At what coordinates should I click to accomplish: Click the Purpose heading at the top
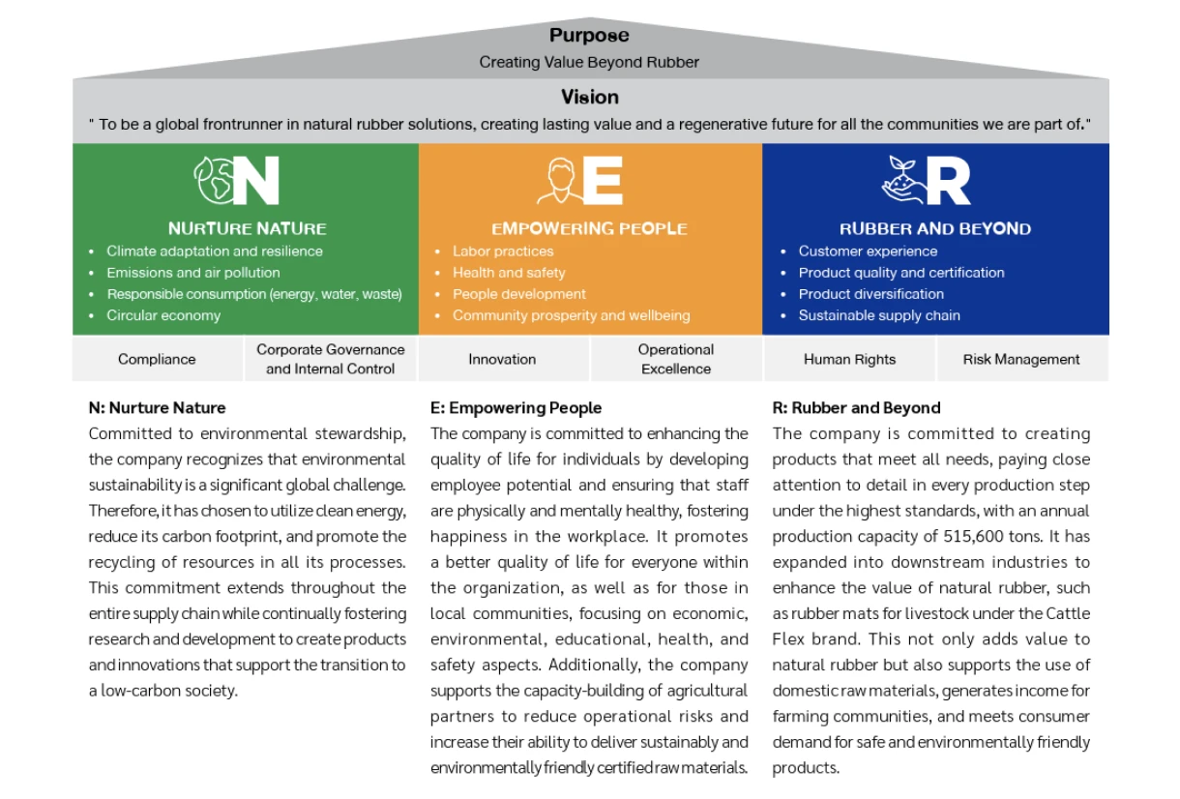click(x=589, y=36)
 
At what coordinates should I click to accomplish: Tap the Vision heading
click(x=589, y=97)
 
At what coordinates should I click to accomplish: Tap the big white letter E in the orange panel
click(x=602, y=181)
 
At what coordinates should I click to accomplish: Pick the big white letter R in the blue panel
click(x=948, y=181)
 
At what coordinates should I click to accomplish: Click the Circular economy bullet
click(x=163, y=315)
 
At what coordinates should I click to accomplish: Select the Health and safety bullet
click(x=509, y=273)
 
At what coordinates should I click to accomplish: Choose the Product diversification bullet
click(x=870, y=294)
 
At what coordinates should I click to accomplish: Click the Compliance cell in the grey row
click(x=157, y=359)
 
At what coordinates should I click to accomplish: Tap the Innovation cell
click(x=502, y=359)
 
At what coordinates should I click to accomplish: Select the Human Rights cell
click(x=849, y=359)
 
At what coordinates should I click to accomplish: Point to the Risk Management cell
click(x=1021, y=359)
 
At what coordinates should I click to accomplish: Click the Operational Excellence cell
click(x=676, y=359)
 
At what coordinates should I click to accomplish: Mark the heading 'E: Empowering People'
click(x=516, y=408)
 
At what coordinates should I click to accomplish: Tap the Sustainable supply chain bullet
click(x=879, y=315)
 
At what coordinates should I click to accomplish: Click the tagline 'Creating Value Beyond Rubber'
click(x=589, y=62)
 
